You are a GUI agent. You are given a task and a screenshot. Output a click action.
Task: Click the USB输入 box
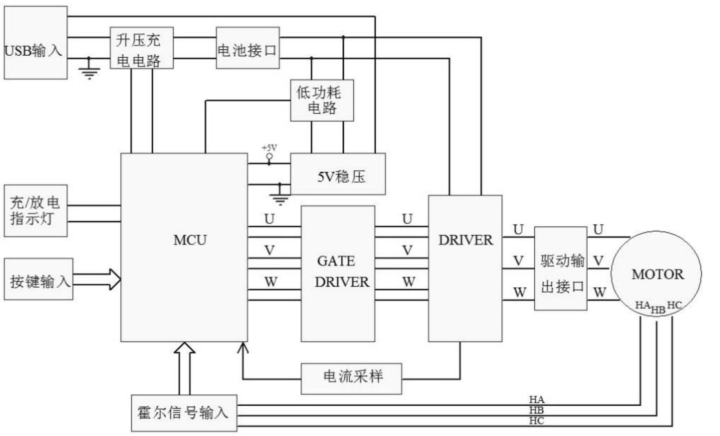click(36, 42)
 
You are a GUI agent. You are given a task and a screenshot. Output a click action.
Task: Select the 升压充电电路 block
click(141, 48)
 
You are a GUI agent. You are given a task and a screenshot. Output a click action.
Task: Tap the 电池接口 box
click(247, 48)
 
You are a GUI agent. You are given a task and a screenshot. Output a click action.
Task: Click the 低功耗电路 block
click(322, 100)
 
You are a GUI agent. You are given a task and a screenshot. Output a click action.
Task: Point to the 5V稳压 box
click(337, 174)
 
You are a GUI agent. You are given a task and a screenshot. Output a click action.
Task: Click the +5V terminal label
click(269, 148)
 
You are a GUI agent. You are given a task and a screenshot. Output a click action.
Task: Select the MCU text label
click(190, 240)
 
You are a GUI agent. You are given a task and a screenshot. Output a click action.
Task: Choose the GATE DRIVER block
click(337, 273)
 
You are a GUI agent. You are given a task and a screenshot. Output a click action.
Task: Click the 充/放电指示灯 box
click(36, 211)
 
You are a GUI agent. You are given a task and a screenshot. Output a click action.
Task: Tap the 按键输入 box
click(38, 279)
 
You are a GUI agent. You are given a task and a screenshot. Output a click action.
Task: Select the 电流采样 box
click(351, 378)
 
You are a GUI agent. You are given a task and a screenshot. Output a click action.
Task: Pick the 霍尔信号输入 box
click(184, 413)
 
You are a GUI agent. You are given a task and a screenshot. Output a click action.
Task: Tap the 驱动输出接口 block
click(560, 269)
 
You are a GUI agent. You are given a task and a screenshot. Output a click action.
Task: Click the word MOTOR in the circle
click(657, 274)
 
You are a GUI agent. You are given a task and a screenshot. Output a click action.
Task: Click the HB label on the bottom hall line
click(536, 410)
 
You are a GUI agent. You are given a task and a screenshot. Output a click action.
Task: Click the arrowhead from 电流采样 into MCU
click(243, 348)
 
